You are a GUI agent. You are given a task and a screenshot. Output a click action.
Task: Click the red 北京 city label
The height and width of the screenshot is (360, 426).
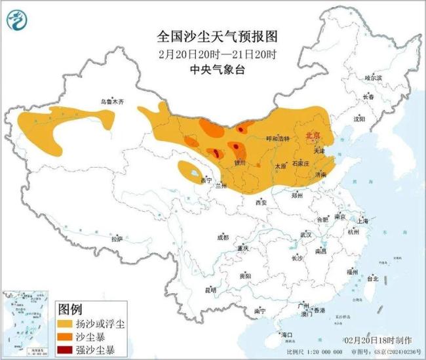tap(313, 135)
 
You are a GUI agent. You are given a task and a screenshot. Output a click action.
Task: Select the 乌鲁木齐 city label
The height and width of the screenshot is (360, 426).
tap(111, 102)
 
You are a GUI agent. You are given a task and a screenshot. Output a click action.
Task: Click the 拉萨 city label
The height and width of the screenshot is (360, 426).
tap(116, 239)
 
